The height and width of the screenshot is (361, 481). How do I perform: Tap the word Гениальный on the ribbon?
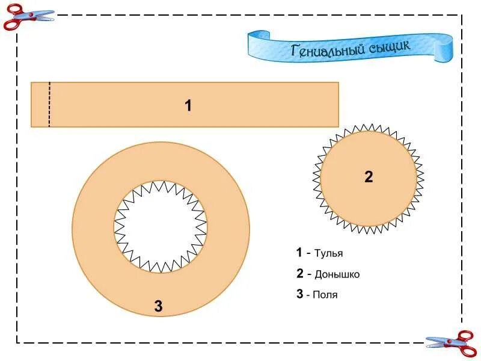pos(328,50)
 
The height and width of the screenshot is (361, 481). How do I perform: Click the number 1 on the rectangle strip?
pos(188,106)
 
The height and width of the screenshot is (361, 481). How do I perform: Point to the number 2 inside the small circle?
pos(369,177)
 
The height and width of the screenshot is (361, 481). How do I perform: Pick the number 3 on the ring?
pos(158,306)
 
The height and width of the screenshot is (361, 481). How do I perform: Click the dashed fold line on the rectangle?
pos(49,105)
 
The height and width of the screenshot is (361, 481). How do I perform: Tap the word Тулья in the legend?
pos(329,253)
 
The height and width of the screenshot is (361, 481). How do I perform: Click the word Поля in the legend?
pos(325,295)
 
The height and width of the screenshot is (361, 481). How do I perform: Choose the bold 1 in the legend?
pos(299,253)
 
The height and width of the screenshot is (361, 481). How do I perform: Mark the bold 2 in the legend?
pos(299,274)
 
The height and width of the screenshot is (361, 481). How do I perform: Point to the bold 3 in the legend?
pos(299,294)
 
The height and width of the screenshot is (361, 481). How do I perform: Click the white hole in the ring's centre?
pos(161,226)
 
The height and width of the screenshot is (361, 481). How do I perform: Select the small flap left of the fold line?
pos(40,105)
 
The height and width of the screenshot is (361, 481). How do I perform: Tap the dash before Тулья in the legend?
pos(309,253)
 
